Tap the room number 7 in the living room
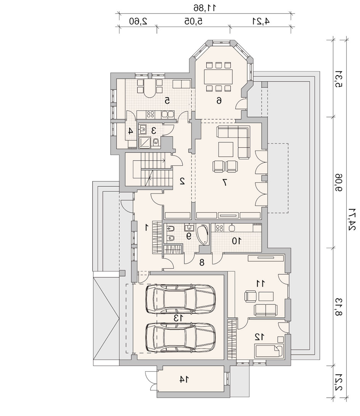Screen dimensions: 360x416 225,182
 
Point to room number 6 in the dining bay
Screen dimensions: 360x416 219,100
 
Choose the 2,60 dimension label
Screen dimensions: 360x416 138,21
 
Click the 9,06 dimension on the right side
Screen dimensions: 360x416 339,182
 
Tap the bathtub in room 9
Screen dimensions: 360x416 202,235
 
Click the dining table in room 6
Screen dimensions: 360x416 218,76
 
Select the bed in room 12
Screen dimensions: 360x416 269,350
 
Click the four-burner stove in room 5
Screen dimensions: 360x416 151,114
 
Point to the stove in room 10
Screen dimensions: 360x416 220,227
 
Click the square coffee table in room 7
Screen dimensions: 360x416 226,149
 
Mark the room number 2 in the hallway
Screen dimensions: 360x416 182,181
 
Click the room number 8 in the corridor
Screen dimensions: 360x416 202,263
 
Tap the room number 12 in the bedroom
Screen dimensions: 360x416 259,337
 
